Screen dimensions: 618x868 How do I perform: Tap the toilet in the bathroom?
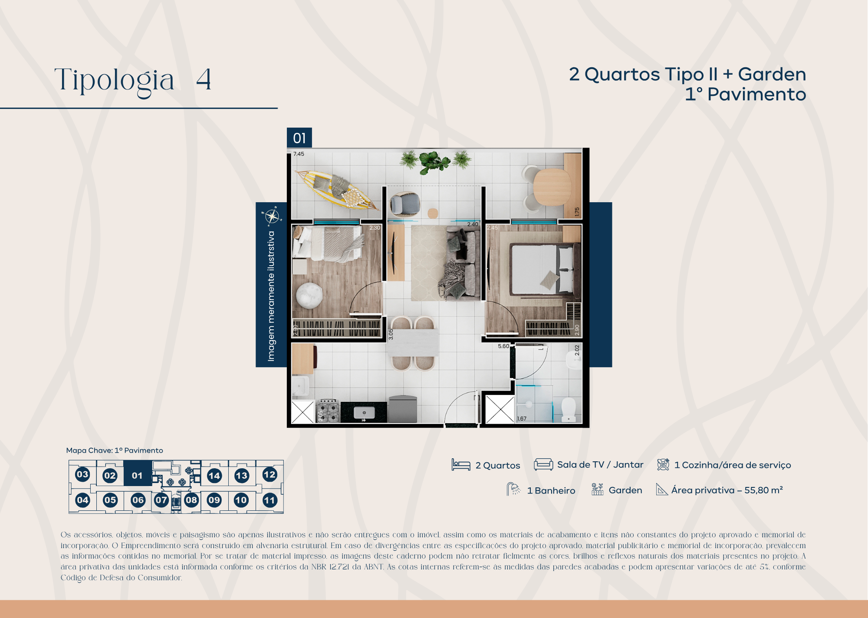pyautogui.click(x=569, y=409)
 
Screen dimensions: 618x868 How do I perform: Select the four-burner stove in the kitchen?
pyautogui.click(x=328, y=410)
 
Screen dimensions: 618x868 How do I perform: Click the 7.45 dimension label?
pyautogui.click(x=299, y=154)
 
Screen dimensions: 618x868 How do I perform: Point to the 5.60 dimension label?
pyautogui.click(x=503, y=346)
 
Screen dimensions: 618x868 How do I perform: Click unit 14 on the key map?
pyautogui.click(x=214, y=476)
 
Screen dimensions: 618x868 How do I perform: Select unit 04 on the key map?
pyautogui.click(x=82, y=500)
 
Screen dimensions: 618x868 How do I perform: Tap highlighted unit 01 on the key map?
pyautogui.click(x=137, y=475)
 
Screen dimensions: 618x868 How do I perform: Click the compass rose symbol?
pyautogui.click(x=272, y=216)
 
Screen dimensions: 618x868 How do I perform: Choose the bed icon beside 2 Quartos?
pyautogui.click(x=460, y=465)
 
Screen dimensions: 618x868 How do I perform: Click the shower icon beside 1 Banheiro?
pyautogui.click(x=513, y=490)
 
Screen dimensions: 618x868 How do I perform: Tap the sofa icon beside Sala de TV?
pyautogui.click(x=543, y=464)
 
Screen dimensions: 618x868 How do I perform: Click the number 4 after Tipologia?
pyautogui.click(x=204, y=80)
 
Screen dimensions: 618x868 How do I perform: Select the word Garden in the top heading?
pyautogui.click(x=772, y=74)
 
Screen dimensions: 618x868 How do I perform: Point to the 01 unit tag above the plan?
pyautogui.click(x=299, y=138)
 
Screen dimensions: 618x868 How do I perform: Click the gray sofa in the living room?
pyautogui.click(x=462, y=263)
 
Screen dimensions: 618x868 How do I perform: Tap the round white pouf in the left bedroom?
pyautogui.click(x=309, y=295)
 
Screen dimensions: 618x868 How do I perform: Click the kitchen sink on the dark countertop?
pyautogui.click(x=364, y=412)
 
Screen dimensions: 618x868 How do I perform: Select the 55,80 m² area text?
pyautogui.click(x=763, y=490)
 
